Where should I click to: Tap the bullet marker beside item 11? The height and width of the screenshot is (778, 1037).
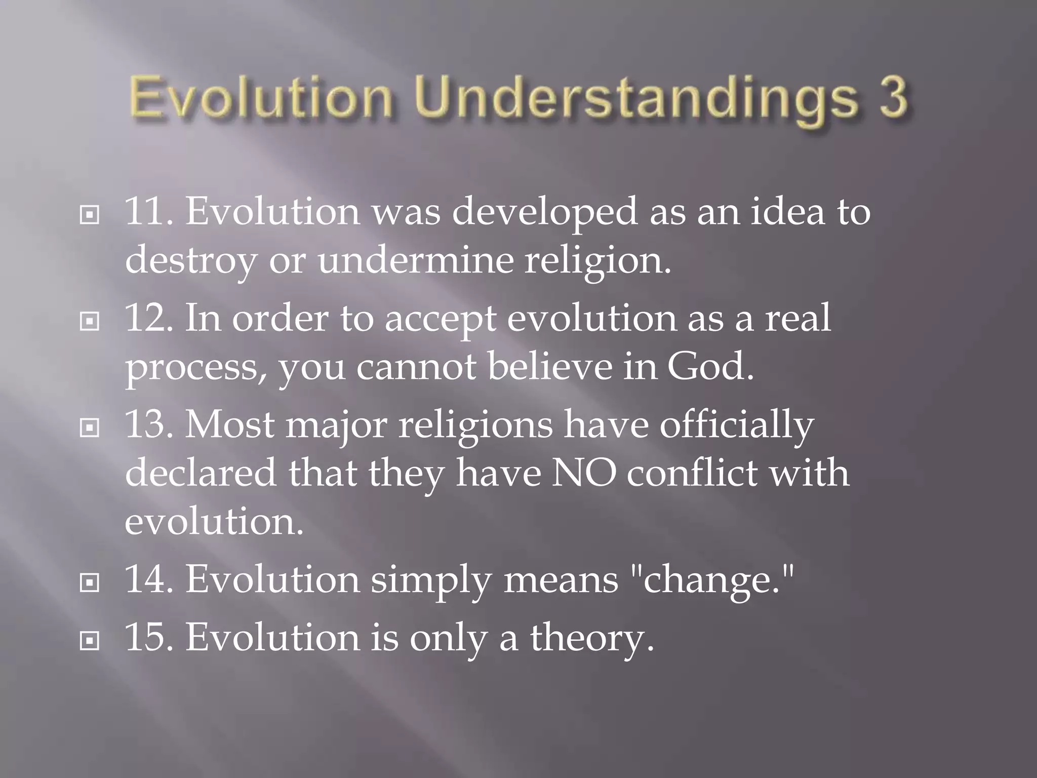90,215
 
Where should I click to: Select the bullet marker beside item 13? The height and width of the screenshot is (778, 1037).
90,428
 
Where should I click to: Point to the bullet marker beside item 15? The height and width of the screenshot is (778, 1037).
90,641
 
